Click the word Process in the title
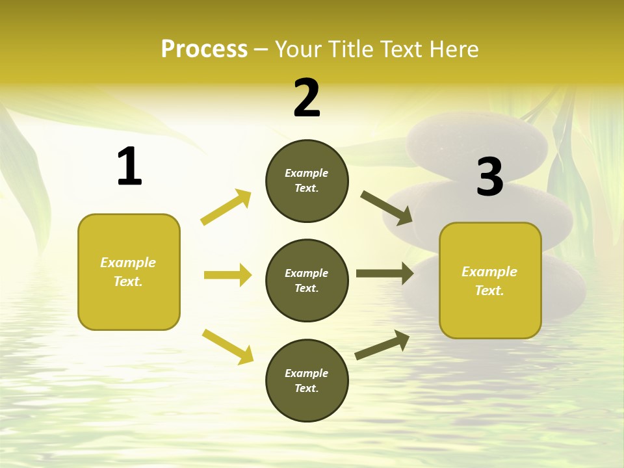tap(204, 49)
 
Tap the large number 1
tap(129, 166)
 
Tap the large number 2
tap(307, 98)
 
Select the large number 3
tap(490, 177)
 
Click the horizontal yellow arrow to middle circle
tap(227, 275)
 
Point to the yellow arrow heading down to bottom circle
tap(228, 346)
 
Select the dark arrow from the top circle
tap(387, 208)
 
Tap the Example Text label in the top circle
tap(307, 181)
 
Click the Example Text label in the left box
tap(128, 272)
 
